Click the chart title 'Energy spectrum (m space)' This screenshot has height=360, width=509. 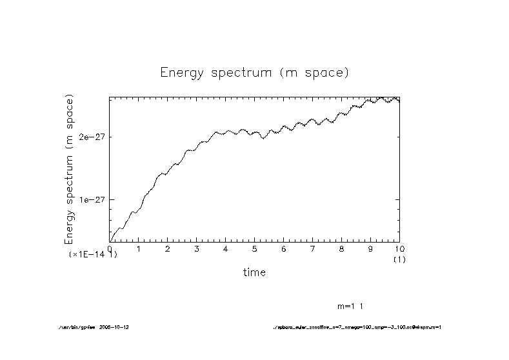click(x=254, y=73)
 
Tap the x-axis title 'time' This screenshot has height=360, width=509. click(x=254, y=273)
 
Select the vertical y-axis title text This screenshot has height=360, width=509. click(x=70, y=169)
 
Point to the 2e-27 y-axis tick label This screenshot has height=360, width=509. click(x=92, y=137)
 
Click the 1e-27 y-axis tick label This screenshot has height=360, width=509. click(x=92, y=199)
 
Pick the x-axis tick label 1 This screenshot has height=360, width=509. click(x=139, y=249)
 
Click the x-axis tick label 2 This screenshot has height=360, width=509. click(x=168, y=249)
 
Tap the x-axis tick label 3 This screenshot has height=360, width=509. click(x=197, y=249)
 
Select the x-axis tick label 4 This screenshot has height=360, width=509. click(x=226, y=249)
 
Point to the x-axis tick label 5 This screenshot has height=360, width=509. click(x=255, y=249)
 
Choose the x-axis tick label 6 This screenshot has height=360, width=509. click(x=283, y=249)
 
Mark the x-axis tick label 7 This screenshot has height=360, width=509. click(x=312, y=249)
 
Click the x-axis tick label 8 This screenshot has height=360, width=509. click(x=341, y=249)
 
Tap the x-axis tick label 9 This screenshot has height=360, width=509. click(x=370, y=249)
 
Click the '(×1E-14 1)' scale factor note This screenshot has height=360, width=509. click(x=93, y=255)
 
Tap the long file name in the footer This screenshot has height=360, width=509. click(x=357, y=327)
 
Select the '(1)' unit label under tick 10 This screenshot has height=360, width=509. click(x=398, y=259)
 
